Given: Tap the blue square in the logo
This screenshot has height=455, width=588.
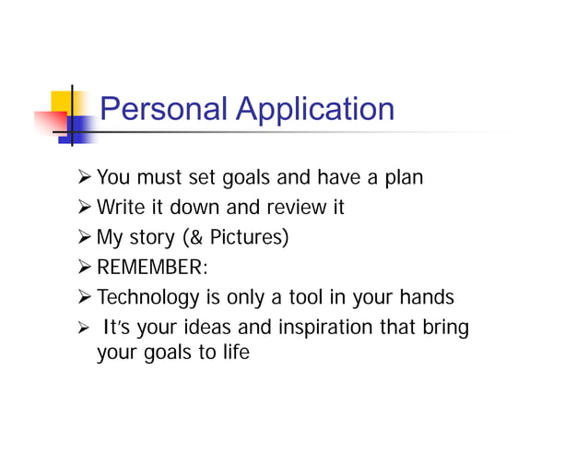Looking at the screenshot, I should pos(82,128).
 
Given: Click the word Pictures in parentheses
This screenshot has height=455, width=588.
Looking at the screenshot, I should pos(246,238).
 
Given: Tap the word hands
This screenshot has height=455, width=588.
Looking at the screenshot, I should pos(428,297).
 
